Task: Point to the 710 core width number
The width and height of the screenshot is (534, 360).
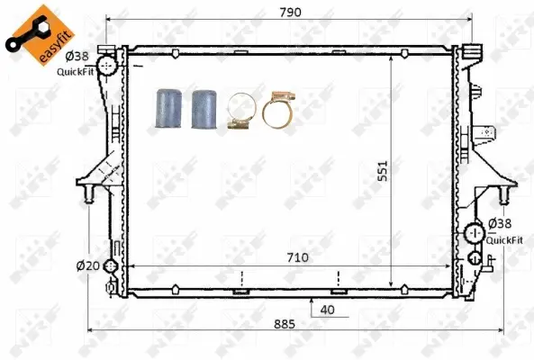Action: pos(298,257)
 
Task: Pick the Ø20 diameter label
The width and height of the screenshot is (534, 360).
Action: pos(86,265)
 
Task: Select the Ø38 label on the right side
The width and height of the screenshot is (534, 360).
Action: pos(500,224)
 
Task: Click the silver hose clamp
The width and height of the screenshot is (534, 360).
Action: pos(240,112)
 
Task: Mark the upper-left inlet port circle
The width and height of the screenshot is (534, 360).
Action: pos(107,66)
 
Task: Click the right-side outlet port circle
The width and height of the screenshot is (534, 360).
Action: pos(475,236)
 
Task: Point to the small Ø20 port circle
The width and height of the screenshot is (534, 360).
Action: pos(109,266)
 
